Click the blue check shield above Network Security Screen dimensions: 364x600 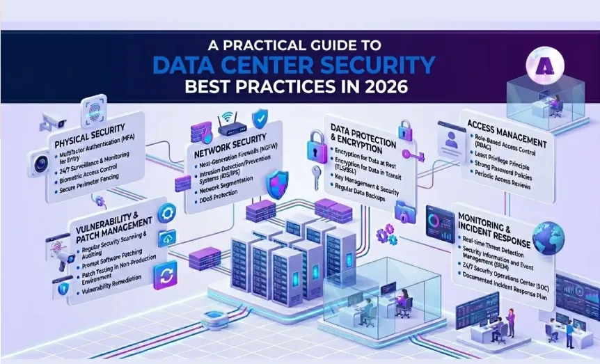point(259,117)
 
